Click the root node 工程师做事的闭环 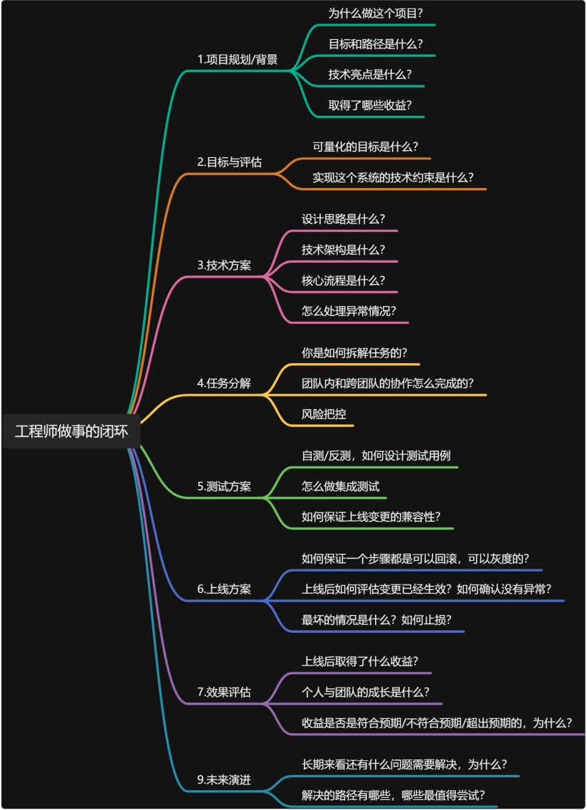coord(71,431)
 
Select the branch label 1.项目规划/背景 coord(238,59)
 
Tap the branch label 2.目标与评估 coord(229,162)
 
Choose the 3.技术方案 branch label coord(224,265)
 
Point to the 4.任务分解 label coord(224,384)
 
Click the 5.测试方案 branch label coord(224,486)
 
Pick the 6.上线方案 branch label coord(224,589)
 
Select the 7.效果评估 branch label coord(224,692)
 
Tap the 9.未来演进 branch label coord(224,779)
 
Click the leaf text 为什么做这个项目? coord(376,14)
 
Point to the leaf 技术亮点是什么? coord(370,75)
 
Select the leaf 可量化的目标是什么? coord(366,147)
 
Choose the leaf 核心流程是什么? coord(344,280)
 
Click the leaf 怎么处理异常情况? coord(349,311)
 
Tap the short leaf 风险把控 coord(324,414)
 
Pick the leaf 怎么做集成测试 coord(340,486)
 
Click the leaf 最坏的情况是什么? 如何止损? coord(376,619)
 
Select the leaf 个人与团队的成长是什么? coord(366,692)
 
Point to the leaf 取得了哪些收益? coord(370,105)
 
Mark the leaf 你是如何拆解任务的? coord(354,353)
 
